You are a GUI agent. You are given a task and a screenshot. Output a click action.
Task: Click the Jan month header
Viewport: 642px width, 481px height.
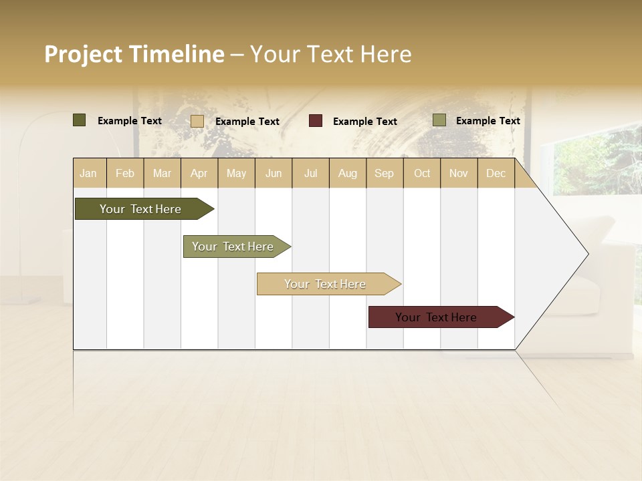(88, 174)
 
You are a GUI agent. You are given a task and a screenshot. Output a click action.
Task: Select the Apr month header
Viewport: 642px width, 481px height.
(199, 174)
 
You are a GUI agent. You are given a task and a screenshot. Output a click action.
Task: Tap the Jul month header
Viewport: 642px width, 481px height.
(311, 174)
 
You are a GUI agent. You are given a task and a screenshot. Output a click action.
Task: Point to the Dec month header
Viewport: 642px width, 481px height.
(496, 174)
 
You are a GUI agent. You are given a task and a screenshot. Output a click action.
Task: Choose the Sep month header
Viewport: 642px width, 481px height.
(385, 174)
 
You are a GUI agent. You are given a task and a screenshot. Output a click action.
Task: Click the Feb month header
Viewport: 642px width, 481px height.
(125, 174)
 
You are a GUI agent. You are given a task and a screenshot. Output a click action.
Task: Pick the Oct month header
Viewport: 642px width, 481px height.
(422, 174)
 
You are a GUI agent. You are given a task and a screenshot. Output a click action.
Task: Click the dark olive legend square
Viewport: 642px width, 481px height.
(80, 120)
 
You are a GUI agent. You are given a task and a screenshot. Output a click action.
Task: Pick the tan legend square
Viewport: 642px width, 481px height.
(197, 121)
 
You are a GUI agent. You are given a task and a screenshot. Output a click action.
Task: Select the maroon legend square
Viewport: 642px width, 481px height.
(316, 121)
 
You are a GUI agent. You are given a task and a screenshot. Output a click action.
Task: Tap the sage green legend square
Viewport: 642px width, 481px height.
(439, 120)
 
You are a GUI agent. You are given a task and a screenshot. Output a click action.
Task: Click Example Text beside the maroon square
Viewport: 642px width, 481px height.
(365, 122)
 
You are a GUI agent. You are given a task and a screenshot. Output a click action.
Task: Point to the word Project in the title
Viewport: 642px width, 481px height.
(84, 54)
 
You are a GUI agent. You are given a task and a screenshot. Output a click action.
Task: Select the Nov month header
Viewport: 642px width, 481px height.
(459, 174)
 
